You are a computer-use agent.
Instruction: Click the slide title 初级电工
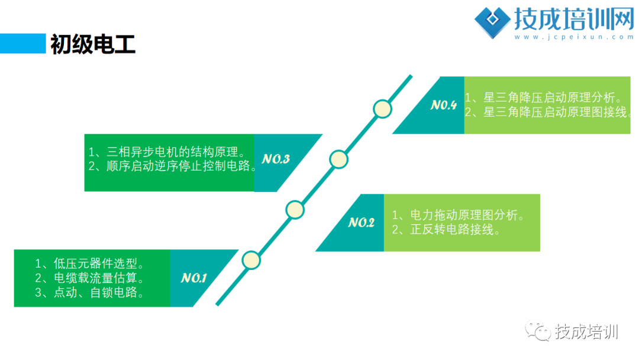93,44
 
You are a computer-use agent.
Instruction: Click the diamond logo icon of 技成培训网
493,22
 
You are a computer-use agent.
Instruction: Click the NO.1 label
193,278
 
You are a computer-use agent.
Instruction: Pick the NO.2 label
361,223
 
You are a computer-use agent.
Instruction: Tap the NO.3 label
276,159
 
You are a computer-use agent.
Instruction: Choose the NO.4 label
444,105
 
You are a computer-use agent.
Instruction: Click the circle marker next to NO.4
383,108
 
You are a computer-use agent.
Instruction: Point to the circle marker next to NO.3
338,159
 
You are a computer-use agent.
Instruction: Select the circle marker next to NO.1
251,260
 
